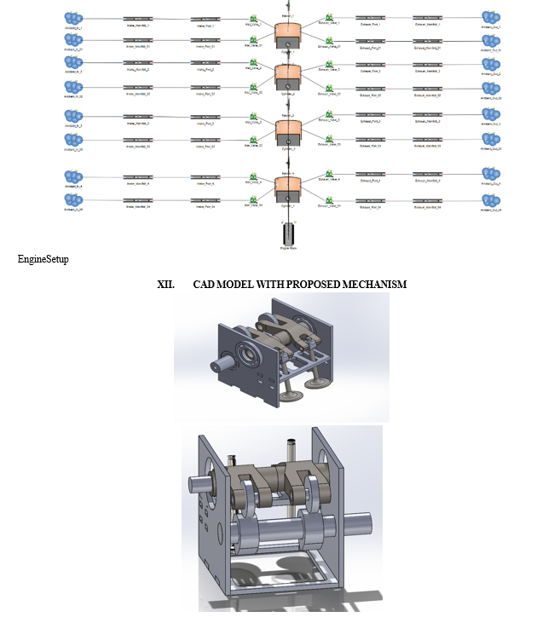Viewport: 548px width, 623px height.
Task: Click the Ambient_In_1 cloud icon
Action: [73, 18]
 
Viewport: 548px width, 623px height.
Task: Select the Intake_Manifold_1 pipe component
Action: [137, 19]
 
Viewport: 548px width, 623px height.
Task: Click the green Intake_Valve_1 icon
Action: [253, 18]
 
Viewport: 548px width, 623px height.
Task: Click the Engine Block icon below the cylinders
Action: [287, 234]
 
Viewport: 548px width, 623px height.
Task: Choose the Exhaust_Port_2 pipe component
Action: [370, 65]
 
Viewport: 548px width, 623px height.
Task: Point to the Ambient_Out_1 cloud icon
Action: [489, 18]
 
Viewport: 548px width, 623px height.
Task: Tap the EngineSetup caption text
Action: [43, 259]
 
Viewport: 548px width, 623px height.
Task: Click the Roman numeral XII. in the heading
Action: [166, 284]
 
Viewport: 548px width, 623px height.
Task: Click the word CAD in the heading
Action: [205, 284]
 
